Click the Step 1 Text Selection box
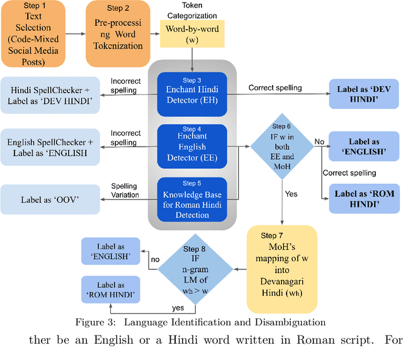tap(33, 34)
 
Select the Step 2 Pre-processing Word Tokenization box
tap(118, 34)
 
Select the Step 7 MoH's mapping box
tap(281, 269)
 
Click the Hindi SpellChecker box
tap(50, 95)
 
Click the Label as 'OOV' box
tap(50, 200)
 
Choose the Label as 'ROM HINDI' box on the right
tap(365, 199)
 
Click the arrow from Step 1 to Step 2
tap(76, 34)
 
